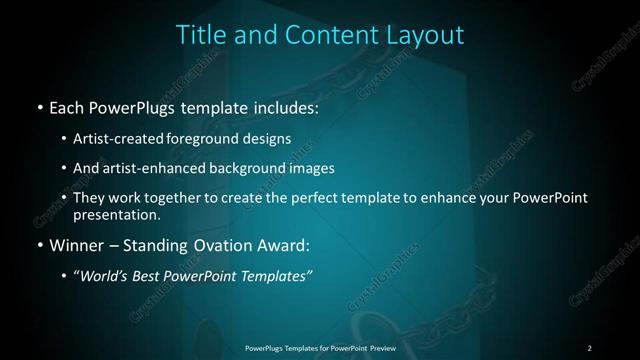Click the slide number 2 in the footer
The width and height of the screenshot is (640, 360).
[x=589, y=347]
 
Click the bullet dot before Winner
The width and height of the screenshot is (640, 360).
[x=39, y=245]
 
